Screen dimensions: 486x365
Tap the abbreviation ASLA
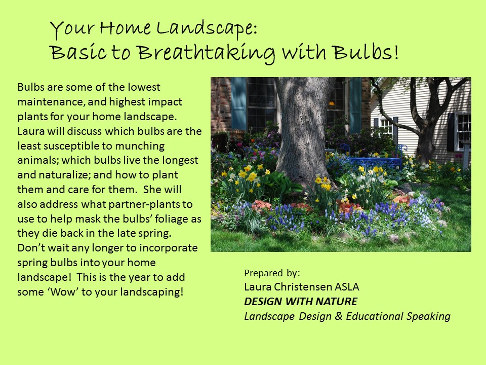click(x=346, y=286)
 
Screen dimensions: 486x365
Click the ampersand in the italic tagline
click(x=339, y=316)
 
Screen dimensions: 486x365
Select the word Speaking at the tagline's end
click(x=428, y=316)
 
